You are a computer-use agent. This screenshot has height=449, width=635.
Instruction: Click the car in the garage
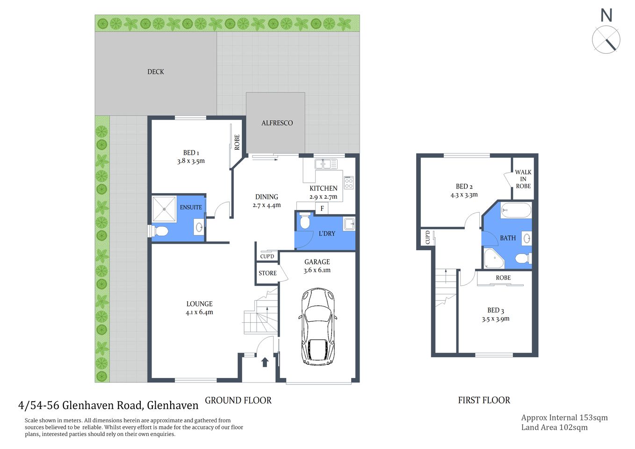[317, 326]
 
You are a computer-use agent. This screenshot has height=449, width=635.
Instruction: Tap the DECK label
[156, 72]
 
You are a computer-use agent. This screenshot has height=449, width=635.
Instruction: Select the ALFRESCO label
[277, 123]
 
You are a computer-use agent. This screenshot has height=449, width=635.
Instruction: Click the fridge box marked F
[322, 209]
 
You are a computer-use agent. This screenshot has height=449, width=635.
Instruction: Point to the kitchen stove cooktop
[349, 182]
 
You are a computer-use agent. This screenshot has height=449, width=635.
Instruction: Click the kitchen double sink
[326, 164]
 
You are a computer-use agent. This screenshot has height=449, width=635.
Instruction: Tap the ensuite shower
[164, 209]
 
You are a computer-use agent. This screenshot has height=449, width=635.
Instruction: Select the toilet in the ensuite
[159, 231]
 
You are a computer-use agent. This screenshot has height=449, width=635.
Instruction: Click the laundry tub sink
[349, 224]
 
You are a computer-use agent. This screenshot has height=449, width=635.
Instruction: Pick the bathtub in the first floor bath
[516, 210]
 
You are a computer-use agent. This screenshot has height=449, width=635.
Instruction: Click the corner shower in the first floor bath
[493, 258]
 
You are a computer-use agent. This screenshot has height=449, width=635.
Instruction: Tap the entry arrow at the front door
[265, 362]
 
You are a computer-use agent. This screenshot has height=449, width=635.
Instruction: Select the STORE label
[267, 273]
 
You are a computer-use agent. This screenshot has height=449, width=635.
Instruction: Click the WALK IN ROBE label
[523, 179]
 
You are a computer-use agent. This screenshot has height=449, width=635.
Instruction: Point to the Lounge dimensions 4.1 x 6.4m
[199, 312]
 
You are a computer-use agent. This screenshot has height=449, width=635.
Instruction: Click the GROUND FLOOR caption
[238, 400]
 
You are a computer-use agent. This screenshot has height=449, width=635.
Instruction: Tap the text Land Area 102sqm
[554, 427]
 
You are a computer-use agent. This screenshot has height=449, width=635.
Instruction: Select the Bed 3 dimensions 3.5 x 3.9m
[496, 319]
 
